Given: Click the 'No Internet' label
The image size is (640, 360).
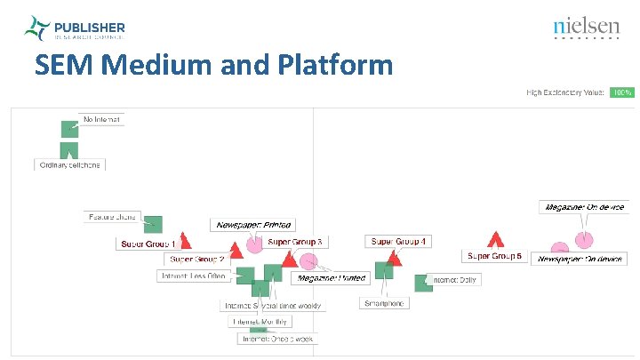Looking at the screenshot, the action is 101,119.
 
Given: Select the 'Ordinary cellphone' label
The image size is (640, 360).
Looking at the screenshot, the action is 69,164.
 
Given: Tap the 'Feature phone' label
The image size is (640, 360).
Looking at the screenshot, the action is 112,216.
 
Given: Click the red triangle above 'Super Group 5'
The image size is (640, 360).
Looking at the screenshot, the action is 496,239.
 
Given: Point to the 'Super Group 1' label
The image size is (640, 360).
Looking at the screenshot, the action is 148,244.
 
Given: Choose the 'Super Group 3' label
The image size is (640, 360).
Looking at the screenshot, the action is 295,242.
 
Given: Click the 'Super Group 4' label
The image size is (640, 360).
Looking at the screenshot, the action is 398,241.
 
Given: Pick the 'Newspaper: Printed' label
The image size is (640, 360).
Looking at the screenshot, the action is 254,225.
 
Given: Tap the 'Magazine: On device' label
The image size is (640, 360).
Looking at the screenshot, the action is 584,207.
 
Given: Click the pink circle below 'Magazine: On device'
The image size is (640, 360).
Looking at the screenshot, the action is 583,239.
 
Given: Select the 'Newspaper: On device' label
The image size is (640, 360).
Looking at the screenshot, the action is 580,259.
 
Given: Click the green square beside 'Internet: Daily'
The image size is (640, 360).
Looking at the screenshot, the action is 423,283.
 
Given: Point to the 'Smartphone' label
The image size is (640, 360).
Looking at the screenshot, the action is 384,303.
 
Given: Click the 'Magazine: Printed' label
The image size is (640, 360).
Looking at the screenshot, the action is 332,278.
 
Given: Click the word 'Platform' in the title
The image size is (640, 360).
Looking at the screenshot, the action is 335,65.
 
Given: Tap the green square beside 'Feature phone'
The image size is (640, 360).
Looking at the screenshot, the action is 153,224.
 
